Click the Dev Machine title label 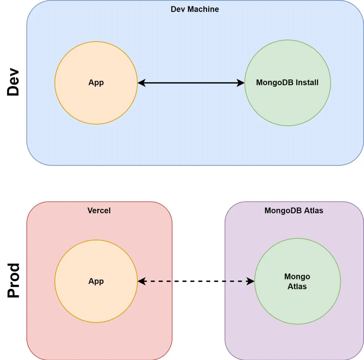[195, 9]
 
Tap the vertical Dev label [13, 82]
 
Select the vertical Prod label [13, 281]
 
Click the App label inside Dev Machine [96, 82]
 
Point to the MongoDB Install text [287, 82]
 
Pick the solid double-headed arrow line [191, 83]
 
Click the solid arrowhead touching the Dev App [142, 83]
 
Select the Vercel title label [99, 211]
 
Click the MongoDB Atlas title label [294, 211]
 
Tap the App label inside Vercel [96, 281]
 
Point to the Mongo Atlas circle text [297, 281]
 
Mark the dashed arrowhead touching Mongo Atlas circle [251, 281]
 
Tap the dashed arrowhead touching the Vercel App [142, 281]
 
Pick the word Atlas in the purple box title [314, 211]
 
